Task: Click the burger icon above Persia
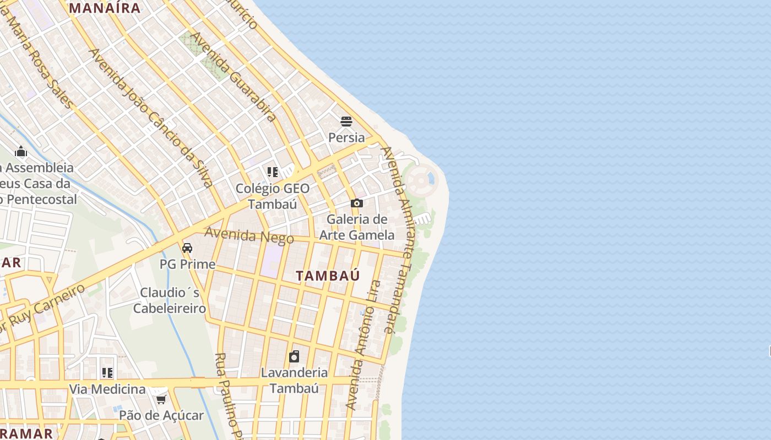[346, 122]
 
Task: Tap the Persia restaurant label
[346, 137]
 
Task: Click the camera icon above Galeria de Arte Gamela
[357, 204]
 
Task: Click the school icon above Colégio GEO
[273, 172]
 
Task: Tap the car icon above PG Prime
[187, 248]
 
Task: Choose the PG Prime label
[187, 264]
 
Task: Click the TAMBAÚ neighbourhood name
[328, 276]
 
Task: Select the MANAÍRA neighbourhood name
[105, 8]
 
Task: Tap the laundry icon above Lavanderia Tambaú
[294, 356]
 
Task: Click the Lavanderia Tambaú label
[294, 380]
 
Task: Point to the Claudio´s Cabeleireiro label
[170, 300]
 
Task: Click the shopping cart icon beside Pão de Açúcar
[161, 399]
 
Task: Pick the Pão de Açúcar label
[161, 415]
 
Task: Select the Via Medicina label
[107, 389]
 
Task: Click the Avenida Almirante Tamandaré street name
[398, 240]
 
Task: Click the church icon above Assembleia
[21, 151]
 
